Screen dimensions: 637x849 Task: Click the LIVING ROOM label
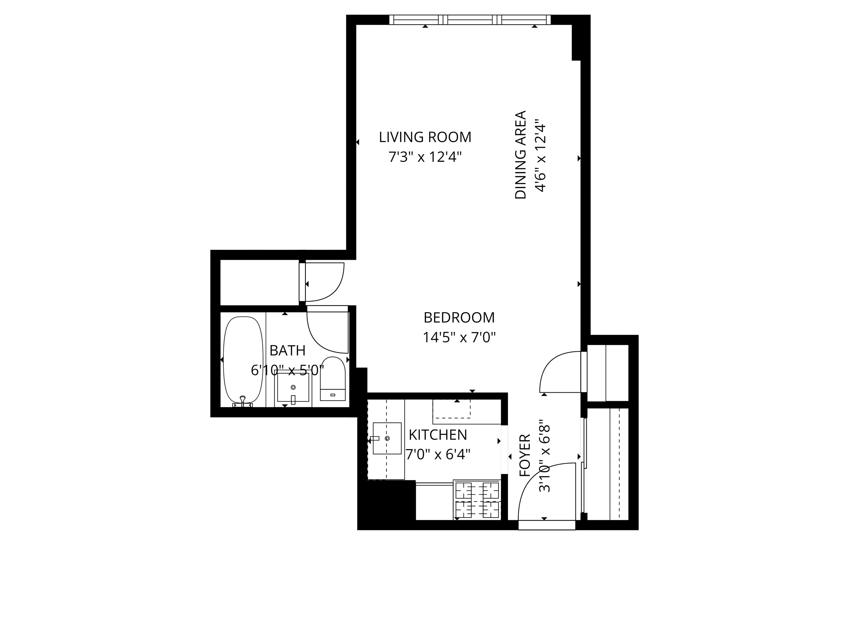(x=425, y=137)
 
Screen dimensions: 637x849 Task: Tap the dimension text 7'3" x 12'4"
(x=425, y=157)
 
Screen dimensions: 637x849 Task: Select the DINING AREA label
(x=520, y=155)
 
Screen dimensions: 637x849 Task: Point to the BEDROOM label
(x=459, y=318)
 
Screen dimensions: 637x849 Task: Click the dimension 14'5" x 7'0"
(x=459, y=338)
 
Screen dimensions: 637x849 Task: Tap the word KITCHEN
(x=437, y=435)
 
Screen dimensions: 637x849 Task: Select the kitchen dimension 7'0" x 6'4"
(x=437, y=454)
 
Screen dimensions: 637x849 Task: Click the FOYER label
(x=525, y=455)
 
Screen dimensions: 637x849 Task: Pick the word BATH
(x=287, y=351)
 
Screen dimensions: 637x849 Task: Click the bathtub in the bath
(x=243, y=360)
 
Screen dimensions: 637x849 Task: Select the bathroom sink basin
(x=293, y=387)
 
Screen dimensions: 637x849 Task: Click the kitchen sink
(x=387, y=438)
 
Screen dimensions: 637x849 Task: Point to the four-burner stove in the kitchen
(x=477, y=499)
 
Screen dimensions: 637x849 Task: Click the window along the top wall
(x=470, y=19)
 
